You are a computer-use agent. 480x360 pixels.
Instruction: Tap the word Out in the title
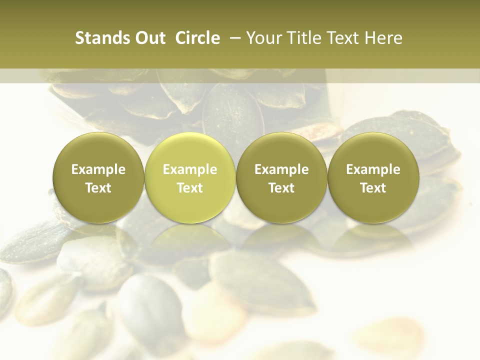click(x=149, y=38)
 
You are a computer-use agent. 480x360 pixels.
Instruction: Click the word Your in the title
click(x=262, y=38)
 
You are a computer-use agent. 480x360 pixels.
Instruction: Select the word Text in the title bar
click(x=343, y=38)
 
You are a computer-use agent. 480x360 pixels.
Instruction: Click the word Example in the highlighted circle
click(x=190, y=169)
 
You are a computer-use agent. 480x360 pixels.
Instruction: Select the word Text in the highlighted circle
click(x=190, y=188)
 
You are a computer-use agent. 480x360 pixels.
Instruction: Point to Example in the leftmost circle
click(x=98, y=169)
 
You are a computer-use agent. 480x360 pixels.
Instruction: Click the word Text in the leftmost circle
click(x=98, y=188)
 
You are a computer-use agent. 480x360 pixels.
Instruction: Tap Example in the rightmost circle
click(x=373, y=169)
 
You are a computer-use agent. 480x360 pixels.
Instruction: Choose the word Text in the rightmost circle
click(x=373, y=188)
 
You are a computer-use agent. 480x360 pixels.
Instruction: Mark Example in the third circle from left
click(x=281, y=169)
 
